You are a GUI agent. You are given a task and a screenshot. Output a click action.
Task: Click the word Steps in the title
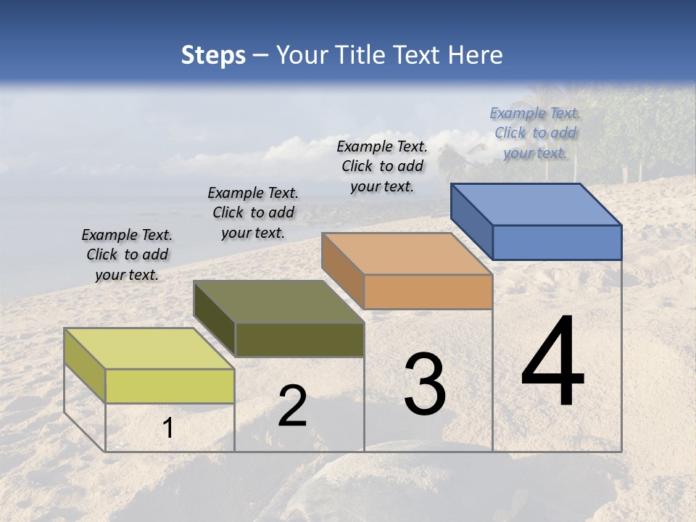pos(213,55)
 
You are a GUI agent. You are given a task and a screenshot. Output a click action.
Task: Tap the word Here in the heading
pos(475,55)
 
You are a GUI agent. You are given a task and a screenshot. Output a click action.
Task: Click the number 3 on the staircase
pos(424,384)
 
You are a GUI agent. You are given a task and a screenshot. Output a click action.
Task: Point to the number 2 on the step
pos(292,406)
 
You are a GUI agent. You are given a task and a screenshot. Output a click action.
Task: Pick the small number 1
pos(168,428)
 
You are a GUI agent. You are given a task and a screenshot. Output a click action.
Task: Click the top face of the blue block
pos(536,204)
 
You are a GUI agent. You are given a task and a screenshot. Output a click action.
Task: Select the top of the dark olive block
pos(278,302)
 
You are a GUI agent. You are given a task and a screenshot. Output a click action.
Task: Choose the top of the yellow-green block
pos(149,349)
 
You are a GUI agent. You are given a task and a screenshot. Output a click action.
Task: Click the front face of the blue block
pos(557,242)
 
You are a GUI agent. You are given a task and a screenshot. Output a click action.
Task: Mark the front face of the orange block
pos(428,291)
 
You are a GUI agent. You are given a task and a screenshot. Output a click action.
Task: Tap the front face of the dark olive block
pos(299,339)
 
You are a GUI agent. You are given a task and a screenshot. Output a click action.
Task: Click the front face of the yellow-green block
pos(170,386)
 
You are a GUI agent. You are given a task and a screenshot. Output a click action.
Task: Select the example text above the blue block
pos(535,133)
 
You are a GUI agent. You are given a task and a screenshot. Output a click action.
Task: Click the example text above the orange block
pos(382,166)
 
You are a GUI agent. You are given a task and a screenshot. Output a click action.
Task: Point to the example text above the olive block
pos(253,212)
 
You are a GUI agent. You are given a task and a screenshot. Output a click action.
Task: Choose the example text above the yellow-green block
pos(127,254)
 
